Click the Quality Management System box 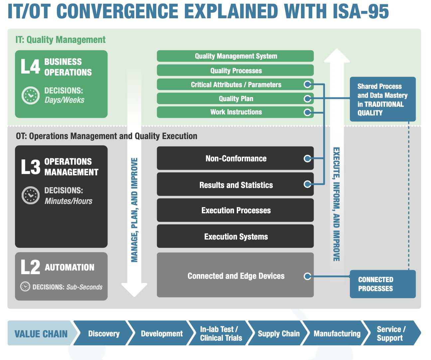click(235, 56)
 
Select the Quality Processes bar click(235, 70)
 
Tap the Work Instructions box click(235, 112)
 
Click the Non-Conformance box click(235, 158)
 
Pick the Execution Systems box click(235, 237)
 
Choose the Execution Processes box click(235, 210)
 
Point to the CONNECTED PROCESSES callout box click(382, 284)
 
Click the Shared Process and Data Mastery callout click(382, 99)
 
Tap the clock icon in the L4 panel click(30, 95)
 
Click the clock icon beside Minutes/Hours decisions click(30, 195)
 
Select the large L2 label click(30, 267)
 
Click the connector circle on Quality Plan click(308, 98)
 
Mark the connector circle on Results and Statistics click(308, 184)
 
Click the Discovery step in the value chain click(103, 333)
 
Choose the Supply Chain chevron click(279, 333)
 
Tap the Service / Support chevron click(391, 333)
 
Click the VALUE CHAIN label click(41, 333)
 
